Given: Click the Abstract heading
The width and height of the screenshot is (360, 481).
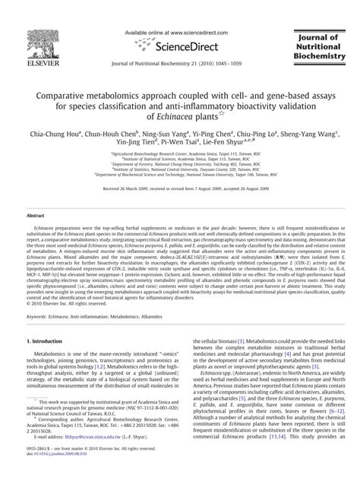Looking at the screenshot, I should (40, 216).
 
